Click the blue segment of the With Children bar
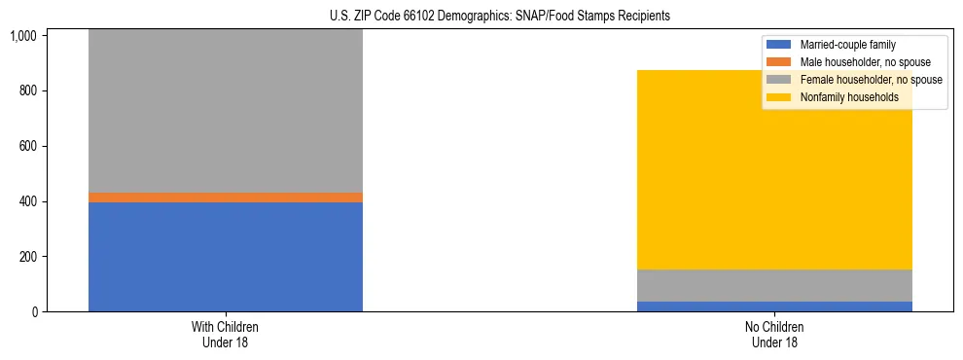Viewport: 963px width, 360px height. tap(225, 257)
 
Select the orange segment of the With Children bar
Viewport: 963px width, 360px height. tap(225, 198)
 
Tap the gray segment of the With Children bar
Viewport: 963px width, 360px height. tap(225, 111)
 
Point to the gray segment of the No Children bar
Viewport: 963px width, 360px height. tap(774, 285)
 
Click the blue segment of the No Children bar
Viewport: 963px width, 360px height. tap(774, 306)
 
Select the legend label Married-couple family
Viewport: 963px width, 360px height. tap(847, 45)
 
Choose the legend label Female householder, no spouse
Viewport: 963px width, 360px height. tap(871, 80)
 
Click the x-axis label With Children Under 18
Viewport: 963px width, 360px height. tap(225, 335)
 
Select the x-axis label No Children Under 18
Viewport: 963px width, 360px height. tap(774, 335)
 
